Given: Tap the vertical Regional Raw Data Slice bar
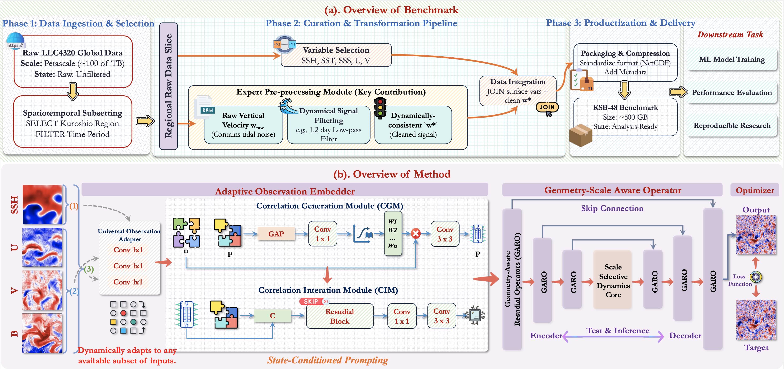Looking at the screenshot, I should pos(168,86).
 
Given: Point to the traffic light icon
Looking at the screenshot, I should pos(380,108).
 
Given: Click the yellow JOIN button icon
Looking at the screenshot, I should pos(547,107).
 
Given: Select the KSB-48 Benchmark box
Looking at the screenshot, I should pos(625,117).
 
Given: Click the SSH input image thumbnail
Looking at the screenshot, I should pos(42,204).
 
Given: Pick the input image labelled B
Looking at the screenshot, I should pos(42,333).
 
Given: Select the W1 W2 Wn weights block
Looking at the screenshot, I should pos(393,233).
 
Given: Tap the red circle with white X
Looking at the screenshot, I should pos(416,234).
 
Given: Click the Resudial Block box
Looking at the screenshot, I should pos(340,316).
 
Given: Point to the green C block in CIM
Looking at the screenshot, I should pos(272,316).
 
